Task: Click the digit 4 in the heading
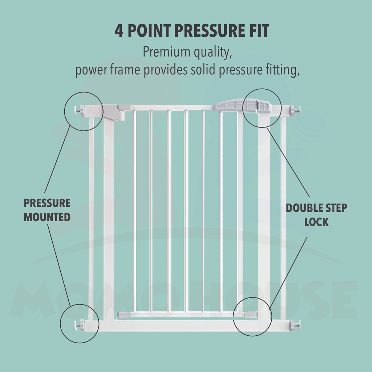coord(119,31)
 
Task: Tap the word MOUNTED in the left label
coord(47,217)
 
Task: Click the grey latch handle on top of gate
coord(242,106)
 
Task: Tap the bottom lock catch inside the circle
coord(251,314)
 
